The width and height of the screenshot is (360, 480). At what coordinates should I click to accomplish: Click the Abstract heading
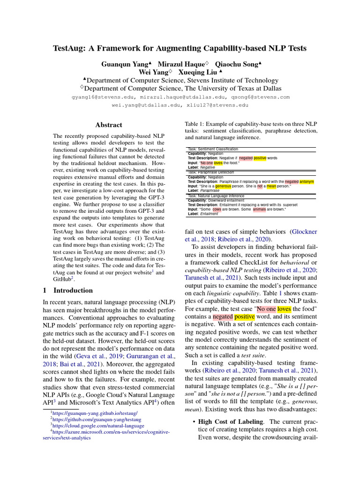click(x=109, y=125)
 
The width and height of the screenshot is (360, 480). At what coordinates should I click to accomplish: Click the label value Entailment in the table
click(x=209, y=214)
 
